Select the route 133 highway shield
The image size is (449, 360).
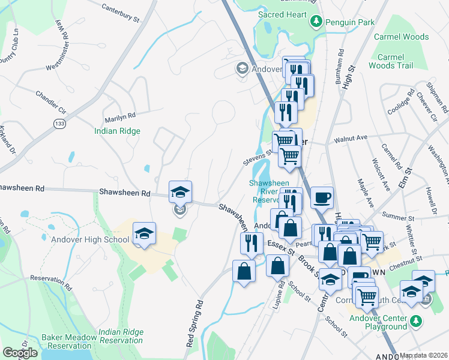click(59, 123)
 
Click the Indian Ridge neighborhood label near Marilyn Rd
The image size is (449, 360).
click(117, 131)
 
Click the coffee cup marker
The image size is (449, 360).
click(322, 197)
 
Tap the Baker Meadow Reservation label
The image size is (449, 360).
click(70, 342)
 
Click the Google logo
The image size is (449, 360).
click(20, 353)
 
